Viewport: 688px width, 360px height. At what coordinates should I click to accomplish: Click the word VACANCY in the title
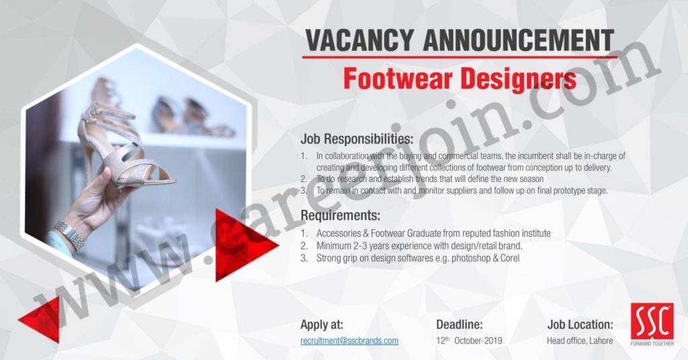359,40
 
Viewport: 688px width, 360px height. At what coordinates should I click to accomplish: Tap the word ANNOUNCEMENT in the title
518,40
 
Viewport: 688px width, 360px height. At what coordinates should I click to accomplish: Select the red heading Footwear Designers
460,79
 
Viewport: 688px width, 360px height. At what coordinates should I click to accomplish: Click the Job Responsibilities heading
357,140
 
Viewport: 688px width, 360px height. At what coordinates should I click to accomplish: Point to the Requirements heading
340,216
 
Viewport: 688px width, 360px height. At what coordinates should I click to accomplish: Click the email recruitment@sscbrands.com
349,341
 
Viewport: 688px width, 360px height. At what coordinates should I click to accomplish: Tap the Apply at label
322,325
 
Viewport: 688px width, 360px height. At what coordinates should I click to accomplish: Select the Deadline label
459,325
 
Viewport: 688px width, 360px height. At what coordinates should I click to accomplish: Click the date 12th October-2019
469,341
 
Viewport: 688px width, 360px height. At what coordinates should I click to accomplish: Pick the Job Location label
580,325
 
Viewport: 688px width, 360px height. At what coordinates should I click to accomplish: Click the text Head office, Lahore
580,341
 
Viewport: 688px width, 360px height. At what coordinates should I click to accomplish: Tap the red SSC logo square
652,321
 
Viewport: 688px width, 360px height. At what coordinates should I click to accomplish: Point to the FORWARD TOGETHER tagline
652,344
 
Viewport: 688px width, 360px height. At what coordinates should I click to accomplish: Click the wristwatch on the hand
70,235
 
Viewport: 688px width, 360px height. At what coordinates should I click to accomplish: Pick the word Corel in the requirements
510,258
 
